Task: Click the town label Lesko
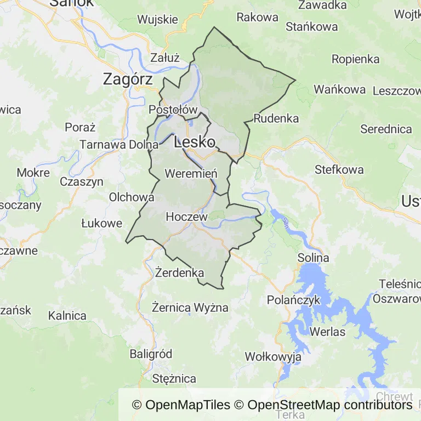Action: click(x=194, y=143)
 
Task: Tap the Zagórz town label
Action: click(x=128, y=79)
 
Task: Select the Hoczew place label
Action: click(x=186, y=217)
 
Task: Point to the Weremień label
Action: click(x=191, y=174)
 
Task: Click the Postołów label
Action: click(x=173, y=110)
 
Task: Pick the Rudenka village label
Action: click(x=276, y=118)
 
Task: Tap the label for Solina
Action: click(x=314, y=258)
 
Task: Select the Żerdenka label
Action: click(x=180, y=272)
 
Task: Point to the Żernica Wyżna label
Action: click(x=190, y=306)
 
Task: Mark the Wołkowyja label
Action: click(x=273, y=357)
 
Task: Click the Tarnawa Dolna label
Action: click(x=119, y=145)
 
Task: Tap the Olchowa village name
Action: click(x=132, y=197)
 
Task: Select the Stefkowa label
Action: click(x=339, y=169)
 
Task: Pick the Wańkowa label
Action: click(x=340, y=89)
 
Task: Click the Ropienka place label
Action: click(x=356, y=59)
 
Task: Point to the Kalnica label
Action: click(x=67, y=316)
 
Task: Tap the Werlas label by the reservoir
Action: click(x=327, y=332)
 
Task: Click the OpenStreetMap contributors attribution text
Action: click(x=329, y=405)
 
